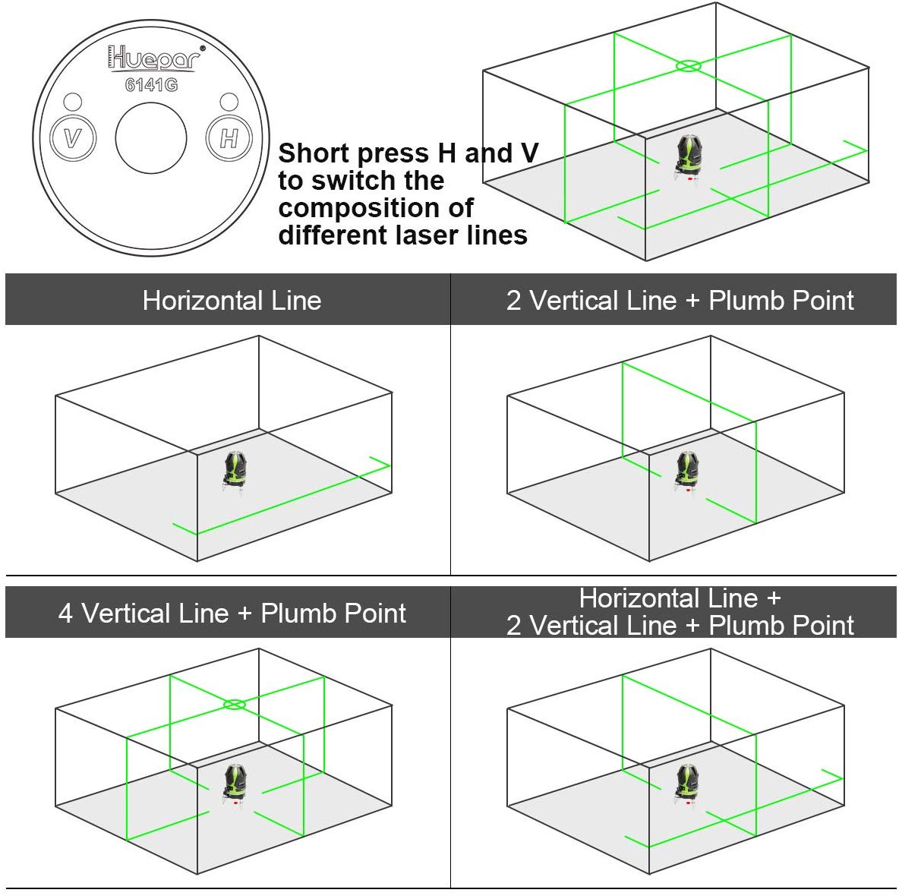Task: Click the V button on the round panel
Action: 73,138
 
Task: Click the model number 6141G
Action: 152,85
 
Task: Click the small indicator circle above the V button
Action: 72,102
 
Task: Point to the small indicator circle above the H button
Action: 229,102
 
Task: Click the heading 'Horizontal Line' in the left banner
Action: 232,301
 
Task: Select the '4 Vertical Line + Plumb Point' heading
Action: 232,614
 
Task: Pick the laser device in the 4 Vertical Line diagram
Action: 235,783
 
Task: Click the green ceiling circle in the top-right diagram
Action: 688,66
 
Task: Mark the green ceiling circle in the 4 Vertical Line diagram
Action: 235,705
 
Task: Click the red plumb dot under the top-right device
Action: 689,179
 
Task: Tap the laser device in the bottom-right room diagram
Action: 687,783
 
